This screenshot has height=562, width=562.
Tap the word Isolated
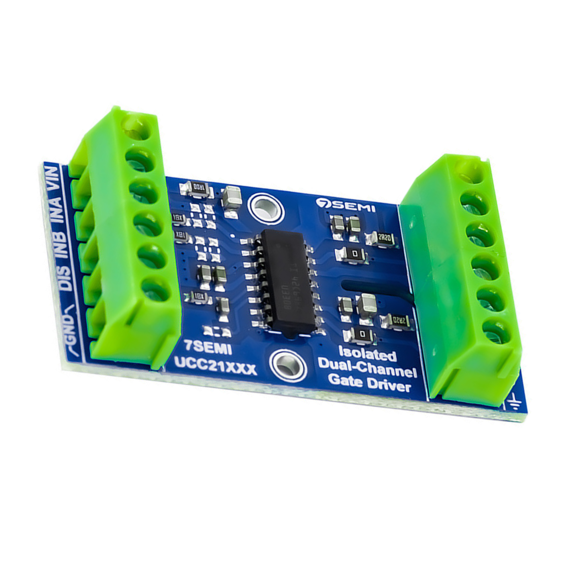point(367,354)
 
